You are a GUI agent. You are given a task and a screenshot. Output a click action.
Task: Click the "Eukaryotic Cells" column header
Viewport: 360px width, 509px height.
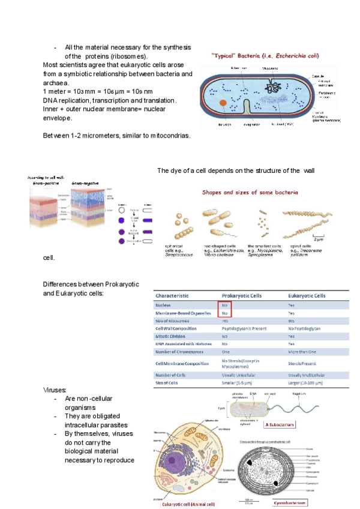coord(307,296)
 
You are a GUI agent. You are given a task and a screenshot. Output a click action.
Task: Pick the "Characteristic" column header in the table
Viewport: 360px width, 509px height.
coord(172,296)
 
